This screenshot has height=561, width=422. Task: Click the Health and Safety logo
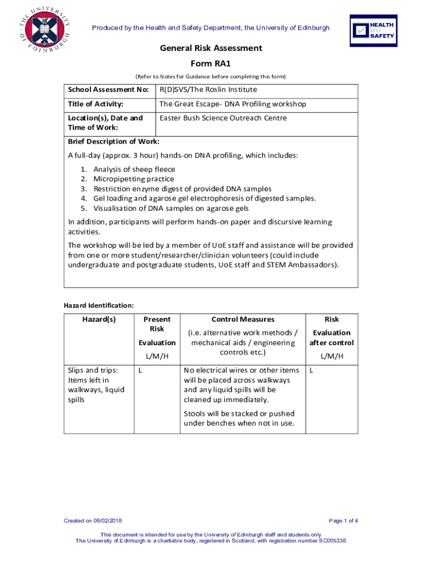point(373,30)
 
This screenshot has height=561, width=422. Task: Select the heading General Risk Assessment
point(211,48)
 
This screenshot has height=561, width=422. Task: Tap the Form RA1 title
point(211,63)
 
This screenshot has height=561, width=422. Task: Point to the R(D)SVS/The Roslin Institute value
point(208,90)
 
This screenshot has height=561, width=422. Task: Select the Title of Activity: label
point(95,104)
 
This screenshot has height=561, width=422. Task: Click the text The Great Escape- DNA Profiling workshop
point(232,104)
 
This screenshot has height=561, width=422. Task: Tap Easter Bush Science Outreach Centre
point(223,118)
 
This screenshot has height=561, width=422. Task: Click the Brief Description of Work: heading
point(113,142)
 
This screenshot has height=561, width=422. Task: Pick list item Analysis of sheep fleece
point(134,170)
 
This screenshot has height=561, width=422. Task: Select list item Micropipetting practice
point(134,179)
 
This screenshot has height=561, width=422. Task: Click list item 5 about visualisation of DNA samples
point(170,208)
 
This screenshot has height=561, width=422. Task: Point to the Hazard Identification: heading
point(99,305)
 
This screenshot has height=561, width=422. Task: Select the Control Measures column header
point(243,319)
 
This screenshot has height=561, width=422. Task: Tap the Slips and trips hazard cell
point(96,385)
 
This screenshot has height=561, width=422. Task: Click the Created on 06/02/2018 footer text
point(93,520)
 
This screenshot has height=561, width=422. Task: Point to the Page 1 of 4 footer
point(343,520)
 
